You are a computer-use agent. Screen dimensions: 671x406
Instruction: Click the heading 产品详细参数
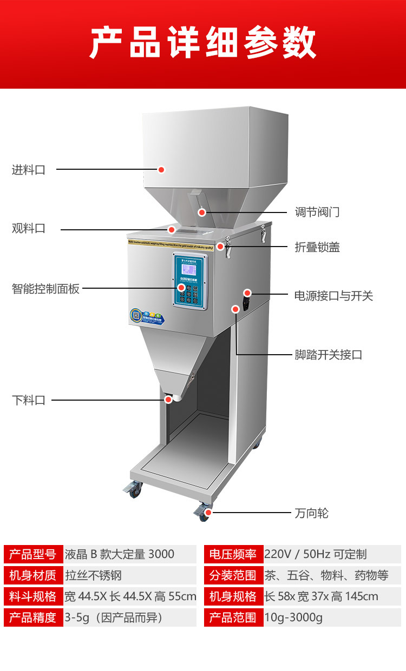tap(202, 43)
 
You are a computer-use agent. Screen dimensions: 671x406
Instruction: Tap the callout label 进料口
tap(29, 170)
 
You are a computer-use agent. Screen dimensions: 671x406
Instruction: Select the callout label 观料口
tap(29, 229)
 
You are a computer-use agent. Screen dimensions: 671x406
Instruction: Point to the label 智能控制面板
tap(45, 289)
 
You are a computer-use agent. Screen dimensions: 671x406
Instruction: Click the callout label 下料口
tap(29, 401)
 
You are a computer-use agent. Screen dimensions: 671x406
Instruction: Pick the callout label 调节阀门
tap(317, 212)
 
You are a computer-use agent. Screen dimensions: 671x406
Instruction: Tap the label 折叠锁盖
tap(317, 247)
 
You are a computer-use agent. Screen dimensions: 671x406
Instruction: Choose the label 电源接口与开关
tap(333, 296)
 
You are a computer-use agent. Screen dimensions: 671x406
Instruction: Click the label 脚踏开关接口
tap(329, 355)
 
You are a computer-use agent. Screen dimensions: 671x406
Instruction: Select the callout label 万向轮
tap(311, 513)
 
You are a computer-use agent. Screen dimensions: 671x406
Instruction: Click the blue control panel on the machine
tap(191, 281)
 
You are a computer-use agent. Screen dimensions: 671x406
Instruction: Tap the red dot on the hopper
tap(161, 170)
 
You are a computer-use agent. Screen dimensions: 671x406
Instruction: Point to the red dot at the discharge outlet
tap(168, 400)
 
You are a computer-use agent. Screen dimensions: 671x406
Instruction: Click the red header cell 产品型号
tap(33, 554)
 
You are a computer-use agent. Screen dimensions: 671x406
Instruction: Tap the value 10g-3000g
tap(293, 617)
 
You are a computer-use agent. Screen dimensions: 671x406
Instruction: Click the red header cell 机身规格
tap(233, 596)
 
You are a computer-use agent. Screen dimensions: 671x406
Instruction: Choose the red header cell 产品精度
tap(33, 617)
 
